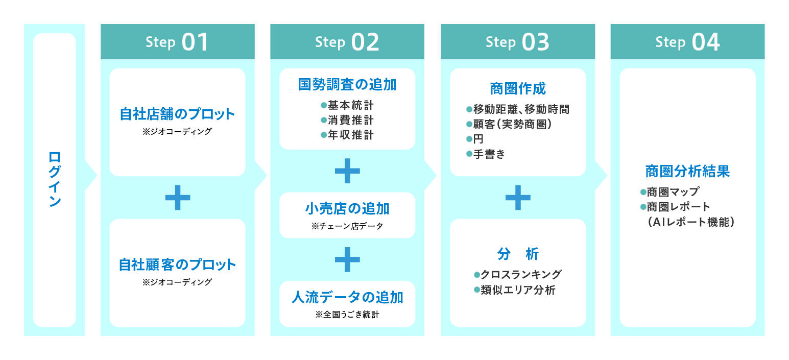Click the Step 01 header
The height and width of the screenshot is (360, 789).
tap(177, 42)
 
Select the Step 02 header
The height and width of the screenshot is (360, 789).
tap(347, 42)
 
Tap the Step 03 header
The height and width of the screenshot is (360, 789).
tap(517, 42)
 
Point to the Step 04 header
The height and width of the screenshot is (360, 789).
tap(687, 42)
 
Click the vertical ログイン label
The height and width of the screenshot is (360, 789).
tap(55, 179)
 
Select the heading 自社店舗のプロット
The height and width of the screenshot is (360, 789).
tap(177, 114)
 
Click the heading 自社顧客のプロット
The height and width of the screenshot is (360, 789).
tap(177, 265)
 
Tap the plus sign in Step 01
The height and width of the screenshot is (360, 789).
tap(178, 198)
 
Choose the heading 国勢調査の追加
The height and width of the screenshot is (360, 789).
tap(347, 85)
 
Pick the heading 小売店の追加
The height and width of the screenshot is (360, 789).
tap(347, 208)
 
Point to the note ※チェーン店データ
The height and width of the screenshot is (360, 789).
tap(347, 226)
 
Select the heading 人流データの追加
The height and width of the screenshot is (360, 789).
tap(347, 297)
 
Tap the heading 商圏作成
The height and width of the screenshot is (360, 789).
tap(518, 89)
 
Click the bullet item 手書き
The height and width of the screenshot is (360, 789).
tap(488, 154)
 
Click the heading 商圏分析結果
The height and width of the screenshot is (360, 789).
tap(687, 171)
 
